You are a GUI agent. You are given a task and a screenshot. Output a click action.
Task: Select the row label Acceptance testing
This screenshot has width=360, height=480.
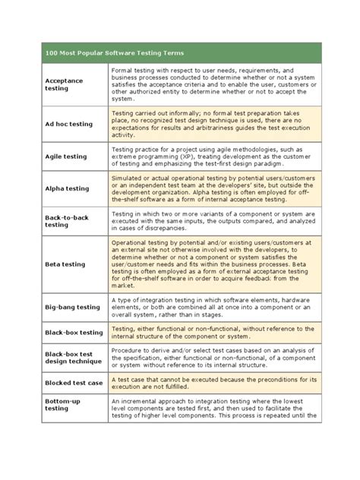point(68,84)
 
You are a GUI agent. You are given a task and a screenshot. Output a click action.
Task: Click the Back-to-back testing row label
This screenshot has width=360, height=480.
point(68,221)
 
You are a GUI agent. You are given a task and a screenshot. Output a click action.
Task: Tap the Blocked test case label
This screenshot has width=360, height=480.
point(74,383)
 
